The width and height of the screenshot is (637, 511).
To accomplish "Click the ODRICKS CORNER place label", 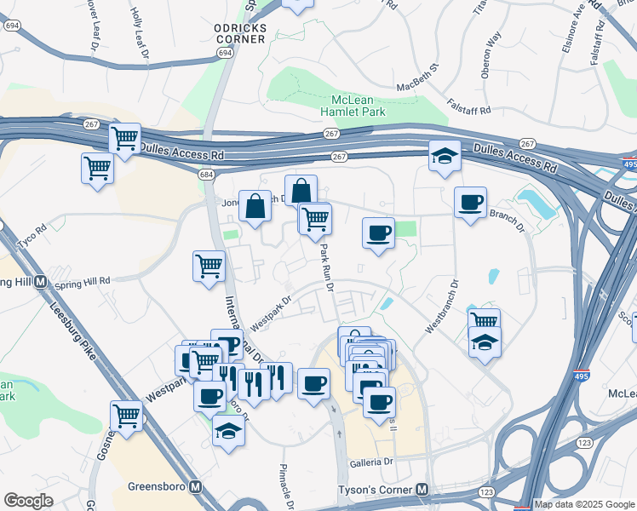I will pos(241,34).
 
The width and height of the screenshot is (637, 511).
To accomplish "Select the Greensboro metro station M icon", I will pos(197,487).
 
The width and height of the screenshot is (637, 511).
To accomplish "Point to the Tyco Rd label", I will pos(34,232).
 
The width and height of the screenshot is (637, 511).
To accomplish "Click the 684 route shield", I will pos(206,174).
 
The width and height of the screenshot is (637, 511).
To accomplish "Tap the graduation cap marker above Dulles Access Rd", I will pos(445,156).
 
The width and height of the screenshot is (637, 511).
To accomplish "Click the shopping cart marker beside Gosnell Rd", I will pos(126,416).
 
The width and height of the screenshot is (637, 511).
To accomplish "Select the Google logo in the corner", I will pos(29,501).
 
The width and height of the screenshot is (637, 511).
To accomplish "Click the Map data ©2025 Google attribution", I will pos(583,504).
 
